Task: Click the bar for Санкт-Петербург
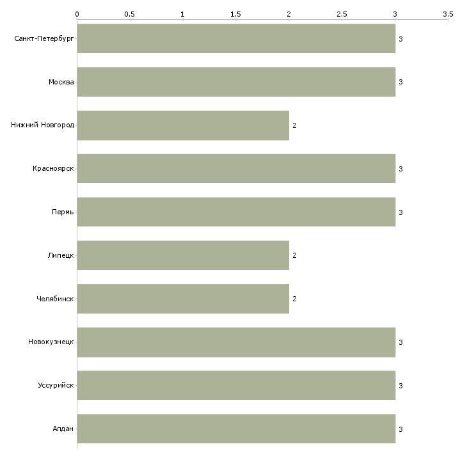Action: [x=236, y=38]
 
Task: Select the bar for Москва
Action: [x=236, y=82]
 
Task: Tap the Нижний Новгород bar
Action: [x=183, y=125]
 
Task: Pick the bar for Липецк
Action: [x=183, y=255]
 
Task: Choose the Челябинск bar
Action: [x=183, y=299]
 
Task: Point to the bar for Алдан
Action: [x=236, y=429]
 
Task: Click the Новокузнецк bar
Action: [x=236, y=342]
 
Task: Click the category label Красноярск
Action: [x=53, y=169]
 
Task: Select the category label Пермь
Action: [x=63, y=212]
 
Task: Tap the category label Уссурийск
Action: [x=56, y=386]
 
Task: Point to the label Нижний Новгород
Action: [x=42, y=125]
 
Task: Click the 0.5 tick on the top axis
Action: [x=130, y=13]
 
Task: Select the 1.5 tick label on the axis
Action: [x=236, y=13]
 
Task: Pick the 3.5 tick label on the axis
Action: [x=447, y=13]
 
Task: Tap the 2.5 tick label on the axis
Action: [x=342, y=13]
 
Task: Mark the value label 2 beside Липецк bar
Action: [x=294, y=255]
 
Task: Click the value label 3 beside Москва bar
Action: [x=400, y=82]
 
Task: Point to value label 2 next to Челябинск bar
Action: [x=294, y=299]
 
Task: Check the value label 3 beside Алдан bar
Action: [x=400, y=429]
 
